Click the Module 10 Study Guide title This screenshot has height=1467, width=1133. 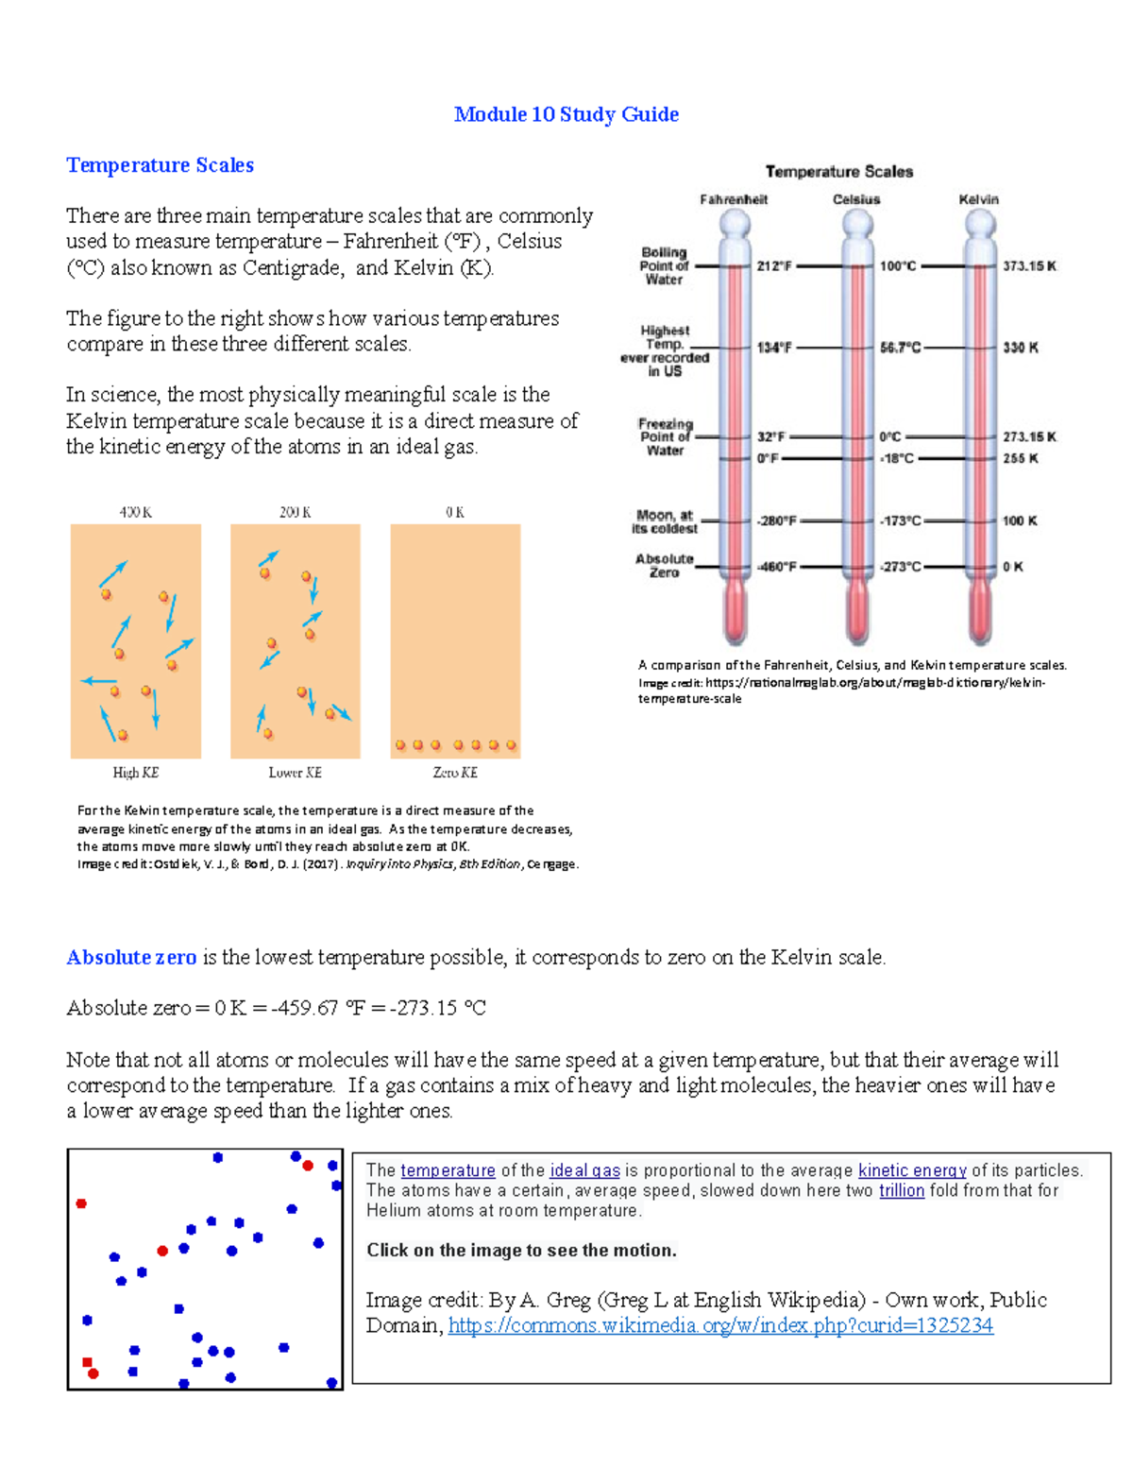566,114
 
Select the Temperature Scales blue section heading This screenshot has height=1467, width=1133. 160,165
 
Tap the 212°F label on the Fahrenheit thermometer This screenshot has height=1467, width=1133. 773,266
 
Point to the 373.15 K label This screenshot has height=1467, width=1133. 1029,266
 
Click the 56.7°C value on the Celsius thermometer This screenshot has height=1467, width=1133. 900,348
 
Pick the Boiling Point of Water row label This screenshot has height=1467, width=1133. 664,265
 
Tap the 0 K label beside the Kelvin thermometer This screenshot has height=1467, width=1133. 1012,567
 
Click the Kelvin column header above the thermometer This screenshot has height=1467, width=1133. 978,199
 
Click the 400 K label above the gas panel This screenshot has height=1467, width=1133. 135,512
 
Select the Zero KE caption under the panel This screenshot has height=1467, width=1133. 455,773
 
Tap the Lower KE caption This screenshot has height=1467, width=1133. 295,773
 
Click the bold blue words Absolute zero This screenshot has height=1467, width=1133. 131,957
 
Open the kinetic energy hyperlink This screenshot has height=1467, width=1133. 911,1170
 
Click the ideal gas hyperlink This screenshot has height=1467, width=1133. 584,1170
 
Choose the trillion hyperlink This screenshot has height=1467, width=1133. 901,1190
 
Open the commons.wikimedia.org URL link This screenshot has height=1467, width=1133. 719,1325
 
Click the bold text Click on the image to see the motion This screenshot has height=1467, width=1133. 521,1250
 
